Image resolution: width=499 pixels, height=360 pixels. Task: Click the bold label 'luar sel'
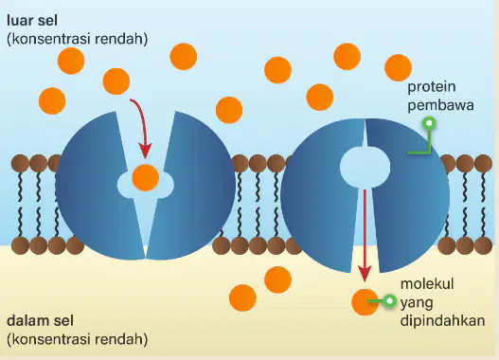[32, 21]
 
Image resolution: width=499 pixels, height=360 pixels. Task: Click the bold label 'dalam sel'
[40, 320]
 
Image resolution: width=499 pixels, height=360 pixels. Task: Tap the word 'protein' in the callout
[431, 87]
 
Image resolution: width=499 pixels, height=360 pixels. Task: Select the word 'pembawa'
[440, 105]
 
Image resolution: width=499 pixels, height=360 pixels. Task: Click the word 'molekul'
[427, 283]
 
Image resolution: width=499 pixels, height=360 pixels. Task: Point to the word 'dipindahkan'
[443, 320]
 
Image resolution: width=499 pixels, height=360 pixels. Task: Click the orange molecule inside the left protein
[146, 177]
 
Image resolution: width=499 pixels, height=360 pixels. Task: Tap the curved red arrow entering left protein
[142, 126]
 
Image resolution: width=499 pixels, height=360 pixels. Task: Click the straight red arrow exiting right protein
[365, 236]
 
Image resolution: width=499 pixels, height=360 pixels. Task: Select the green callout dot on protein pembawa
[429, 123]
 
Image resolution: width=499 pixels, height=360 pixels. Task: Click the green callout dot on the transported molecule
[389, 301]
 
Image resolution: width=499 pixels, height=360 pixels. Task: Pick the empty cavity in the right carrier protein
[365, 167]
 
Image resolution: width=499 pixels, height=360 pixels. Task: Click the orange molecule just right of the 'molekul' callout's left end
[365, 302]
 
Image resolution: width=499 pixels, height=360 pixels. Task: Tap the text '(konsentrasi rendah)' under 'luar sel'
[78, 39]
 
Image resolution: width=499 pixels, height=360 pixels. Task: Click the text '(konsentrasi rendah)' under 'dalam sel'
[78, 339]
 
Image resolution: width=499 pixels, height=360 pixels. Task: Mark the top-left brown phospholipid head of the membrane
[20, 163]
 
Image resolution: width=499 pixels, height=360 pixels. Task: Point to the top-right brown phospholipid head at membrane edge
[484, 163]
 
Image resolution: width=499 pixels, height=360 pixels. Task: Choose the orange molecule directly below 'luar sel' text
[71, 61]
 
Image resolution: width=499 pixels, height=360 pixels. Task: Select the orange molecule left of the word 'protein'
[398, 68]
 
